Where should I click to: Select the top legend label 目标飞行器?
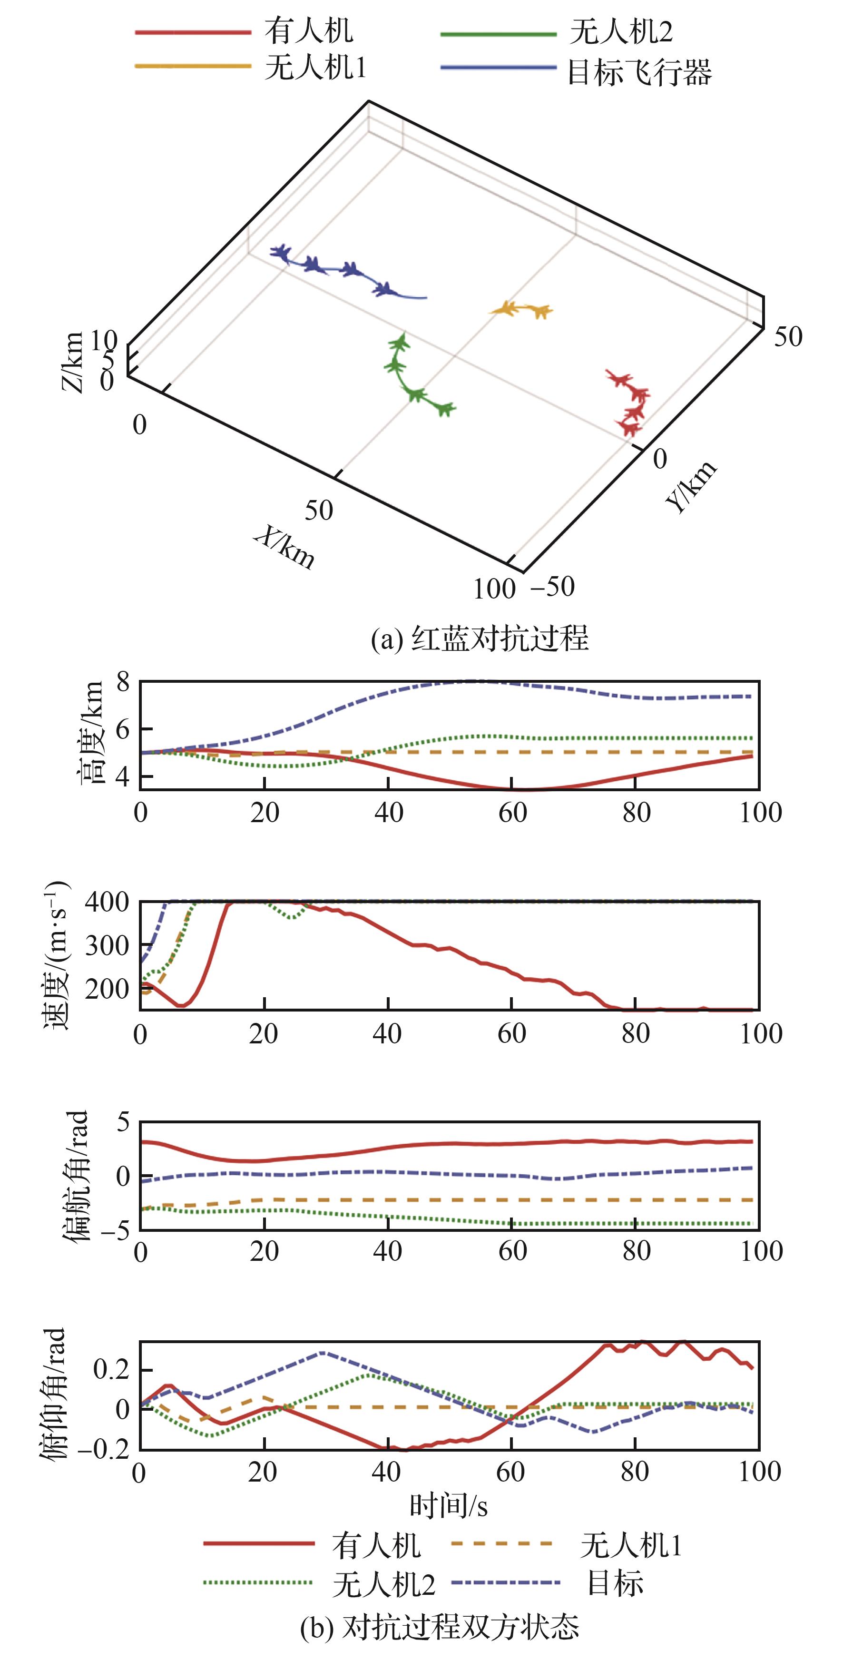point(639,72)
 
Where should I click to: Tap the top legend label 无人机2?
point(621,31)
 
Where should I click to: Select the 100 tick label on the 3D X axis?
point(494,589)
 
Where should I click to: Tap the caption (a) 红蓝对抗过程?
point(480,638)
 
